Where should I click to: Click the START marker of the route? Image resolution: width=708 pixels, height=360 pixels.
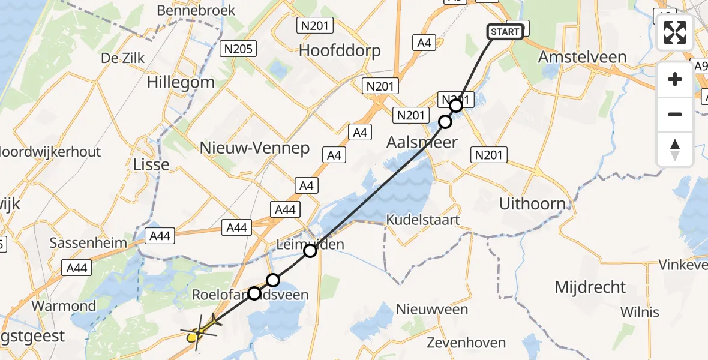point(505,32)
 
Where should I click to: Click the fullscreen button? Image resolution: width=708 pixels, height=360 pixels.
point(675,32)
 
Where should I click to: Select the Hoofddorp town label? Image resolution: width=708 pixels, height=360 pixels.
point(340,50)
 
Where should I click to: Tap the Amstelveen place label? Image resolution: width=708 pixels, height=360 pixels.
point(582,58)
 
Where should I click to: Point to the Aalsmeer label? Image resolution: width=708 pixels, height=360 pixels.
point(422,142)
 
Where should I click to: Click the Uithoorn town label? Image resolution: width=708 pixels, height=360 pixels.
point(532,204)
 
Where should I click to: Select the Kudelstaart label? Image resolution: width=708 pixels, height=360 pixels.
point(423,220)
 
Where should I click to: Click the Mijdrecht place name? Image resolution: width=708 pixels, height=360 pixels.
point(590,287)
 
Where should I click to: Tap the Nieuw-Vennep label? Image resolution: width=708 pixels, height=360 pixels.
point(255,148)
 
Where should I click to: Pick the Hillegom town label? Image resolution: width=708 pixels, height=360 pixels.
point(181,82)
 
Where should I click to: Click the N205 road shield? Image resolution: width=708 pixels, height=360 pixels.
point(238,49)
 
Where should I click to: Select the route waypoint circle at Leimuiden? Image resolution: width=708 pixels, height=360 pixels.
point(310,251)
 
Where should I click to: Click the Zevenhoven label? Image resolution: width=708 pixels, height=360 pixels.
point(466,344)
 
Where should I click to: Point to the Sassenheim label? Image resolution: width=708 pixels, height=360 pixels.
point(88,243)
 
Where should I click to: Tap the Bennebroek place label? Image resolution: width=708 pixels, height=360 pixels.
point(196,11)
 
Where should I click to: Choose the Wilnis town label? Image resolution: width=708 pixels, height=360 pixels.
point(640,312)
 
